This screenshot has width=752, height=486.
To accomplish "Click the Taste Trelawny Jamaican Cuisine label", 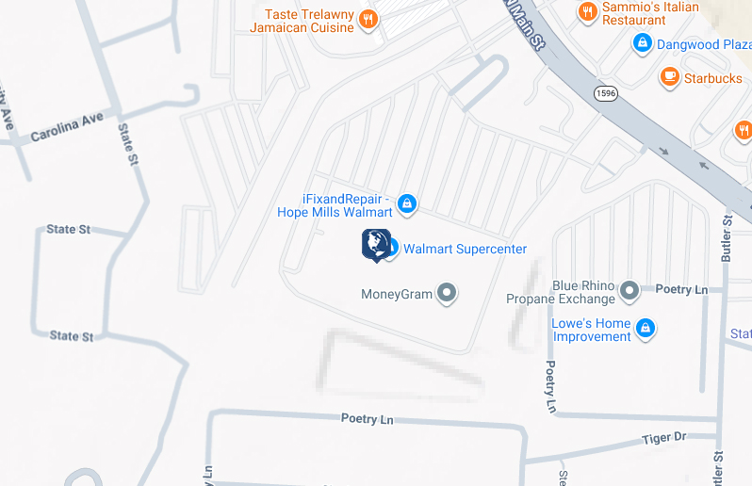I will point(302,21).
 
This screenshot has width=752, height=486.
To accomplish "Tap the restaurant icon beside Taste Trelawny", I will point(369,19).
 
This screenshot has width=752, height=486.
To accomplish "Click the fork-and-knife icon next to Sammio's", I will point(588,11).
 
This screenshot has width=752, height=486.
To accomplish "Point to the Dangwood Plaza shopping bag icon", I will point(643,43).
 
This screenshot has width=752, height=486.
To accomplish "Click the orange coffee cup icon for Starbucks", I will point(671,77).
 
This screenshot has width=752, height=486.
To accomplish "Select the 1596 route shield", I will point(606,93).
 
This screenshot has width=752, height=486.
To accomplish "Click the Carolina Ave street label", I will point(66,129).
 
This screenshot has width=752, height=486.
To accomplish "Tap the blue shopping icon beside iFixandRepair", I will point(407,202).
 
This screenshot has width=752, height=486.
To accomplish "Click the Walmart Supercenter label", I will point(465,249).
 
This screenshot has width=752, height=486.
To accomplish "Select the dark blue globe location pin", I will point(375,243).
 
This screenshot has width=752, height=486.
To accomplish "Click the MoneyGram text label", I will point(397,294).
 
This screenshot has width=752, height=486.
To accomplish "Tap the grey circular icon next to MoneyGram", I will point(448,294).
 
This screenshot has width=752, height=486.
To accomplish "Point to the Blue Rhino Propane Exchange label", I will point(560,292).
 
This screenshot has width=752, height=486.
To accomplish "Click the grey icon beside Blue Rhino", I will point(629,292).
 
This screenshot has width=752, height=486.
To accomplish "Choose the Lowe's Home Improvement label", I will point(591,330).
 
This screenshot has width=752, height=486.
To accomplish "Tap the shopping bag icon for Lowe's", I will point(646,329).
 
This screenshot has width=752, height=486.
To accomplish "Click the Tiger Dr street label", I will point(664,437).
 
